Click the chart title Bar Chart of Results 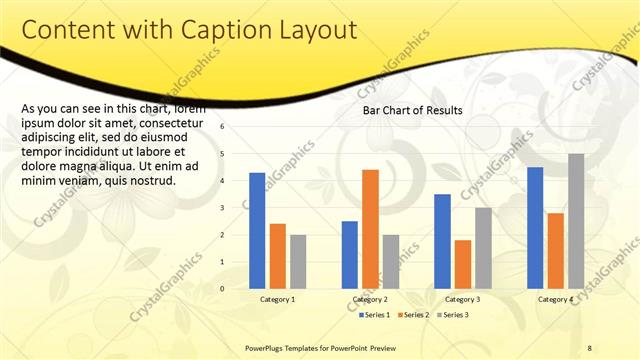pos(412,110)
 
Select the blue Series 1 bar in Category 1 pos(257,230)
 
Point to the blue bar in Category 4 pos(535,227)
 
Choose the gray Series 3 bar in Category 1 pos(298,261)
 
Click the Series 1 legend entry pos(374,315)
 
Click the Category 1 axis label pos(277,299)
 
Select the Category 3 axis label pos(462,299)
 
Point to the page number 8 pos(590,347)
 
